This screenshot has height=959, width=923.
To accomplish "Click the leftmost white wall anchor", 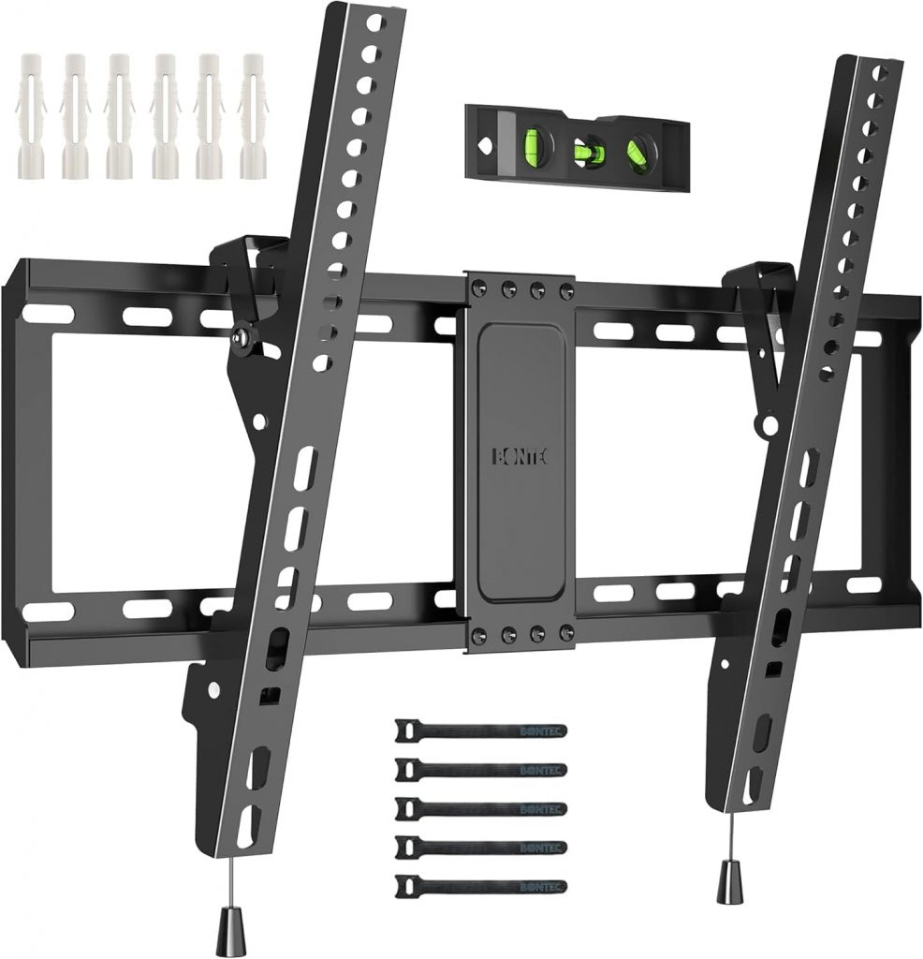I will click(33, 117).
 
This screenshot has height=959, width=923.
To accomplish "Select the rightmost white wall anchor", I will click(254, 117).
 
